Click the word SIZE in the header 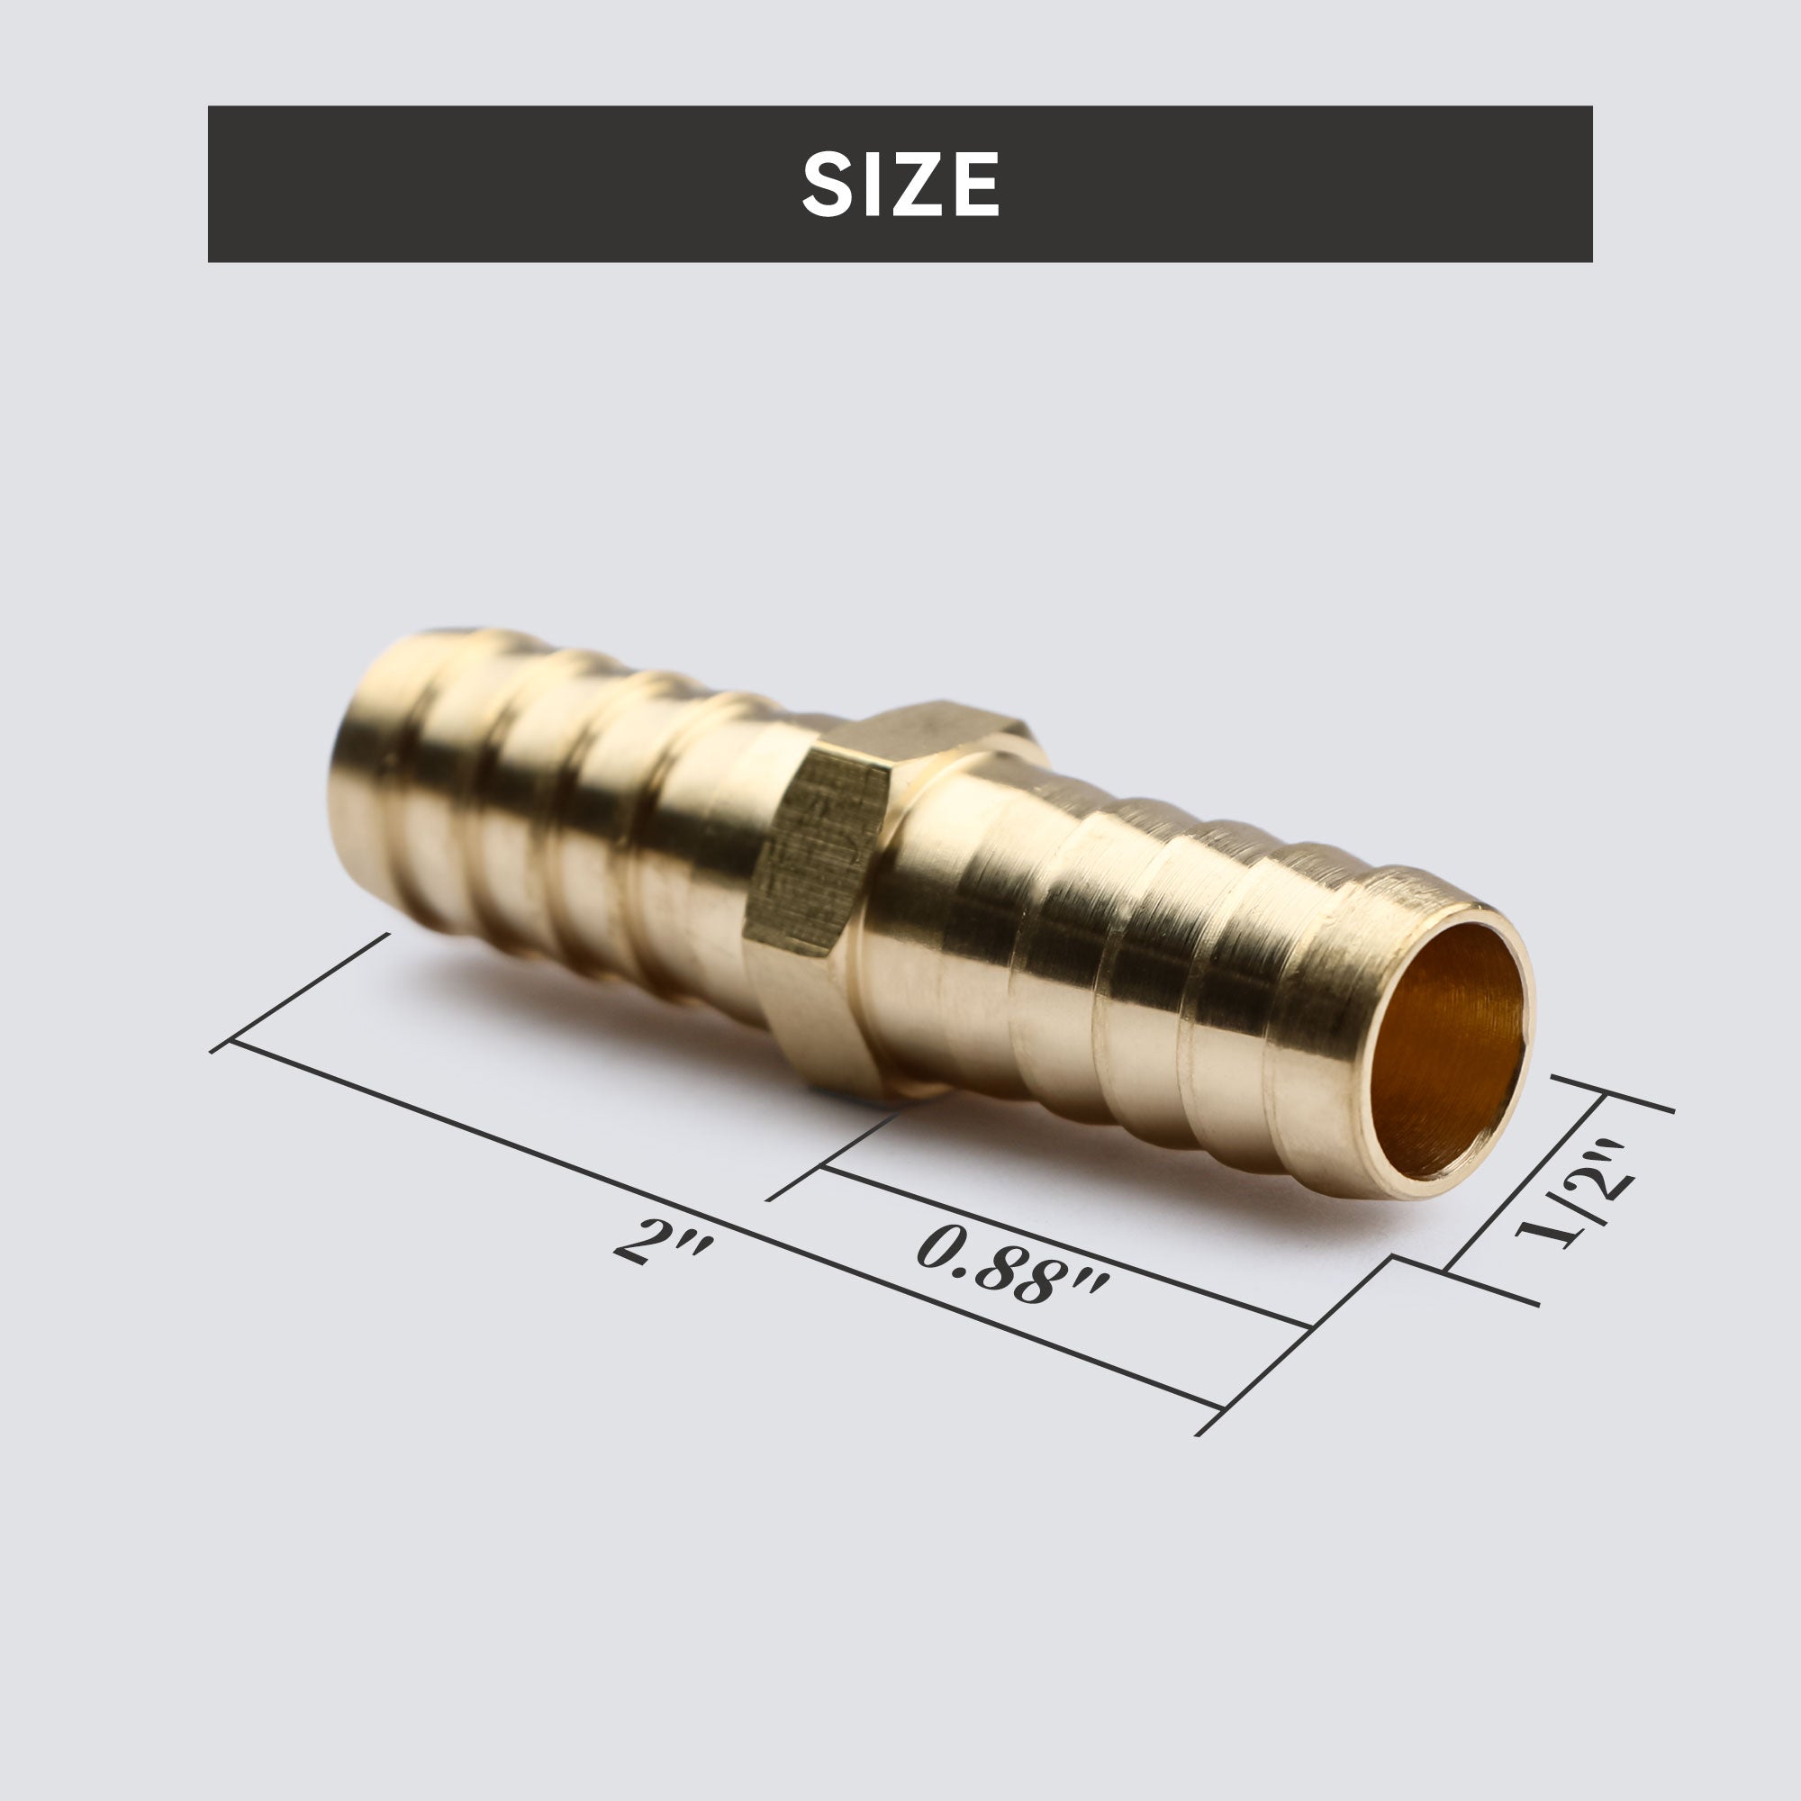(900, 185)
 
